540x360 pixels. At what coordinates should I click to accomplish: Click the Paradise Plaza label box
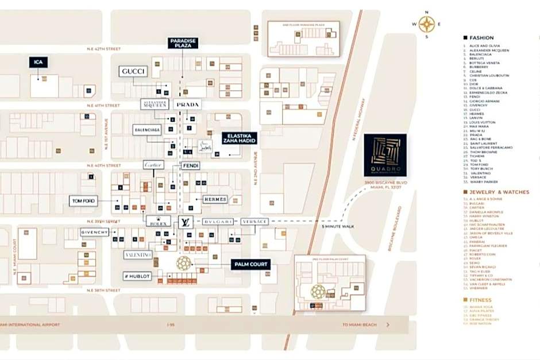pyautogui.click(x=183, y=42)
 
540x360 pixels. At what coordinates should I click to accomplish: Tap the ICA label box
pyautogui.click(x=38, y=62)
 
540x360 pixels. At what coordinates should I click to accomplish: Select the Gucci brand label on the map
pyautogui.click(x=133, y=71)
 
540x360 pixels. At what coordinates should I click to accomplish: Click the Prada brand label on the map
pyautogui.click(x=187, y=104)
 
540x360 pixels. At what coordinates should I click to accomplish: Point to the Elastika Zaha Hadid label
pyautogui.click(x=240, y=138)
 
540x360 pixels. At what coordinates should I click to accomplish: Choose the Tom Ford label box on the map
pyautogui.click(x=84, y=201)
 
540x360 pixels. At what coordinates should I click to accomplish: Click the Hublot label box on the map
pyautogui.click(x=137, y=276)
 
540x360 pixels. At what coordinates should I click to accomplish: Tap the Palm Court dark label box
pyautogui.click(x=250, y=264)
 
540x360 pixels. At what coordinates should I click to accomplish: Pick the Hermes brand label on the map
pyautogui.click(x=215, y=199)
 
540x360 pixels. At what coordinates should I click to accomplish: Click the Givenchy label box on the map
pyautogui.click(x=94, y=232)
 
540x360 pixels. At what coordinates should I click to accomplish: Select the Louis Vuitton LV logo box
pyautogui.click(x=185, y=222)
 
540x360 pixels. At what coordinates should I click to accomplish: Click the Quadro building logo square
pyautogui.click(x=385, y=155)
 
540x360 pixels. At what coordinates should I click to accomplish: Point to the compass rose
pyautogui.click(x=426, y=24)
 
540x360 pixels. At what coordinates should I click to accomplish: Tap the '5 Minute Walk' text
pyautogui.click(x=337, y=226)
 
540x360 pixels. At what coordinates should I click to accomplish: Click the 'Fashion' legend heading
pyautogui.click(x=481, y=38)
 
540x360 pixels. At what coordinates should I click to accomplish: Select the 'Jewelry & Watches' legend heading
pyautogui.click(x=499, y=192)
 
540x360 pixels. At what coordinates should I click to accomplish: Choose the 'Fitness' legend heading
pyautogui.click(x=480, y=300)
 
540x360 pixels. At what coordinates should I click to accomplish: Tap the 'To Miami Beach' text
pyautogui.click(x=359, y=325)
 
